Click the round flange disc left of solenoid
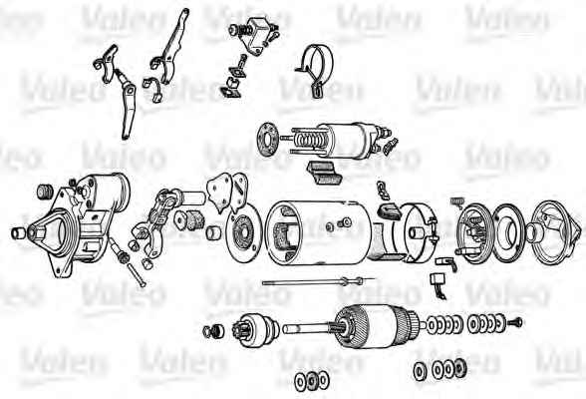point(268,138)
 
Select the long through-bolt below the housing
point(318,281)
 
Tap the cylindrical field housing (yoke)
point(320,231)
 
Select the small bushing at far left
point(18,232)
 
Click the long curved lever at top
point(171,47)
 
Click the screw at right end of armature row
point(515,321)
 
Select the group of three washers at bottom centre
point(312,380)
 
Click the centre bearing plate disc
point(243,233)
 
